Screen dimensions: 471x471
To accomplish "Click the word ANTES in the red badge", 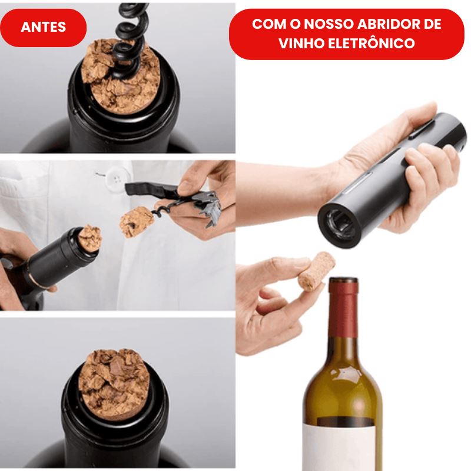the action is click(x=43, y=27).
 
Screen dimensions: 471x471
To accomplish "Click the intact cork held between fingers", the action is click(x=316, y=271).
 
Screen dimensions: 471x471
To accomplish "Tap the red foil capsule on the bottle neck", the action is click(x=343, y=306).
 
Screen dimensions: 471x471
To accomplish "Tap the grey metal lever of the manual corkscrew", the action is click(x=207, y=207).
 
